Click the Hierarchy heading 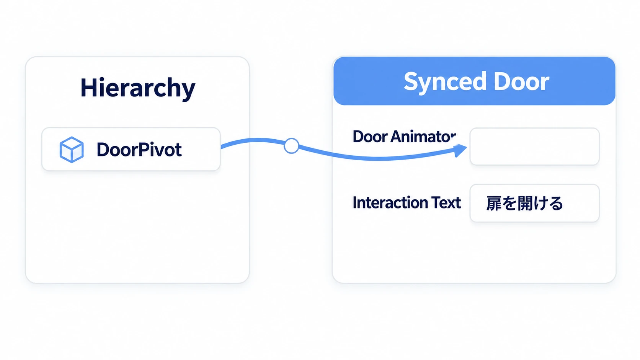pyautogui.click(x=138, y=88)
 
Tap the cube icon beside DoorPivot pyautogui.click(x=72, y=150)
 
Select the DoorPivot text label pyautogui.click(x=139, y=150)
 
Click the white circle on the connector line pyautogui.click(x=291, y=146)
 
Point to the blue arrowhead pyautogui.click(x=460, y=150)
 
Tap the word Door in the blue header pyautogui.click(x=521, y=81)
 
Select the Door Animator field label pyautogui.click(x=405, y=137)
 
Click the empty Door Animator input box pyautogui.click(x=534, y=147)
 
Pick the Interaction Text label pyautogui.click(x=407, y=203)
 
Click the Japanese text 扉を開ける pyautogui.click(x=524, y=203)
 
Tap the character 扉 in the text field pyautogui.click(x=494, y=203)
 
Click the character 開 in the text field pyautogui.click(x=524, y=203)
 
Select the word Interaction pyautogui.click(x=390, y=203)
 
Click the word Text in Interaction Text pyautogui.click(x=446, y=203)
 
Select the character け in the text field pyautogui.click(x=540, y=204)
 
